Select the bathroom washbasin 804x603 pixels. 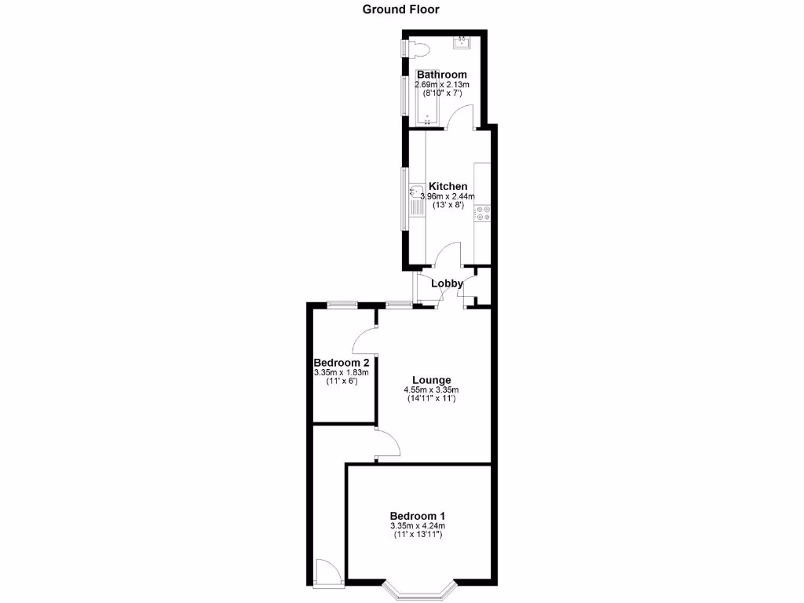point(462,42)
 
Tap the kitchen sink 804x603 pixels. point(415,192)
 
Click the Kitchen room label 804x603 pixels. point(448,186)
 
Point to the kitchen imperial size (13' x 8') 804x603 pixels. point(448,205)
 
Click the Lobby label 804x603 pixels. point(447,284)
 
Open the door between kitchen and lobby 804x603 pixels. point(449,255)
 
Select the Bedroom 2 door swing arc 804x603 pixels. point(363,340)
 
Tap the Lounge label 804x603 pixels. point(431,379)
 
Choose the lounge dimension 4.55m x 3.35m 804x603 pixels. point(431,389)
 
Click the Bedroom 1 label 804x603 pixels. point(417,515)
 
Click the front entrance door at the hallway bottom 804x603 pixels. point(327,571)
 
